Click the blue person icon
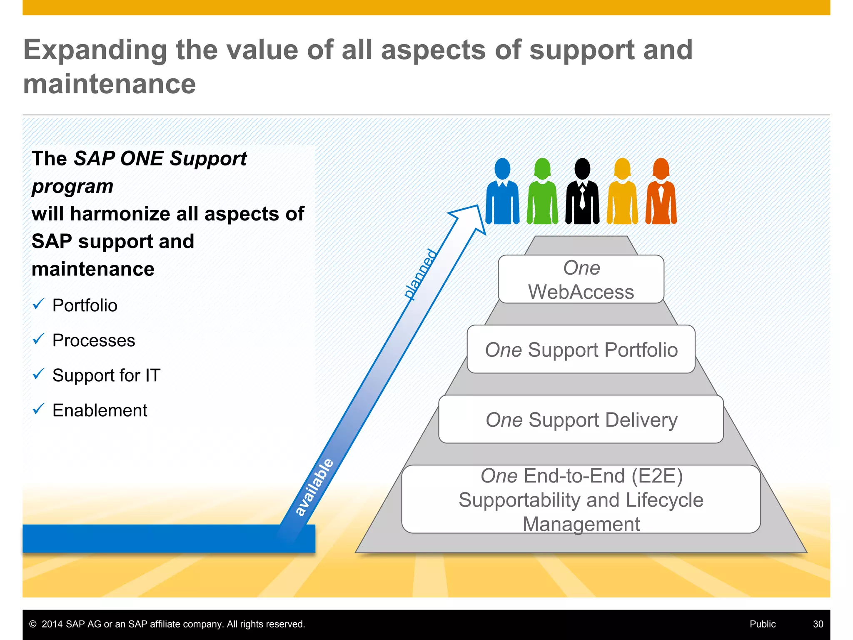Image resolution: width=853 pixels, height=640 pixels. [x=503, y=192]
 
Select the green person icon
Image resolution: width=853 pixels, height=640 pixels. [x=542, y=192]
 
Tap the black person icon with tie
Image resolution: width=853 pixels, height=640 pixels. [x=582, y=192]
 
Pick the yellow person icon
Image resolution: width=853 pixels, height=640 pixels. [x=622, y=192]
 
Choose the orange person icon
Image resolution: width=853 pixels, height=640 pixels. [x=661, y=192]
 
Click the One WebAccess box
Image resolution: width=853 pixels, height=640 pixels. [x=581, y=279]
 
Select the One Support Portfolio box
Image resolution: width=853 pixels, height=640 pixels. [x=581, y=349]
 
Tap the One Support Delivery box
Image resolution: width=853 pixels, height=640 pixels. [x=581, y=419]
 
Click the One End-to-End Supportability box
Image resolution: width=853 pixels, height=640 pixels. [x=581, y=499]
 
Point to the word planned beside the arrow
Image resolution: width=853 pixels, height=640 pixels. [x=421, y=274]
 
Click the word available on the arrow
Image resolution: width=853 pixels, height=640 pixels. [x=314, y=487]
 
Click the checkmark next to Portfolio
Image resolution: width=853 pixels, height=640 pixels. [x=38, y=304]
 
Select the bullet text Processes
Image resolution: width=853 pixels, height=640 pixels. [x=94, y=340]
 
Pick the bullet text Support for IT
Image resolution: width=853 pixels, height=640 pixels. [x=106, y=375]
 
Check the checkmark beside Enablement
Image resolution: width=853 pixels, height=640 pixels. [x=38, y=409]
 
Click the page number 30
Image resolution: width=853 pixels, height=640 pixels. [x=818, y=624]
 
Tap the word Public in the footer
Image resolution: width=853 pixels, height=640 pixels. [x=763, y=624]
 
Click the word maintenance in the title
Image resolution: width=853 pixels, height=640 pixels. [x=110, y=84]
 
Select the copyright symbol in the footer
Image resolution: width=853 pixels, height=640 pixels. [x=33, y=624]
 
